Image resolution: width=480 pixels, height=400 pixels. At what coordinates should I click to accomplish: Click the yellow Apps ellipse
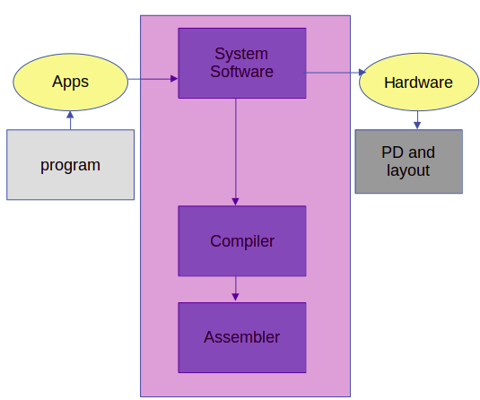click(x=70, y=82)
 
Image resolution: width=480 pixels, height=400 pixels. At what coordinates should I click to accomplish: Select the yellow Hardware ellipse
click(x=418, y=83)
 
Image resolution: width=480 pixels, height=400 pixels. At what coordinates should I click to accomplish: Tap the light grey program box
click(x=70, y=165)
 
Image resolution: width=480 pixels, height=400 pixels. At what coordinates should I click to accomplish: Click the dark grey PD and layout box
click(x=408, y=162)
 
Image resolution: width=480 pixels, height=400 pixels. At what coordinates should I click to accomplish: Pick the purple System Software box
click(x=242, y=63)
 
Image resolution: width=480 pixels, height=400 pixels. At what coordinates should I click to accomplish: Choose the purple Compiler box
click(x=242, y=241)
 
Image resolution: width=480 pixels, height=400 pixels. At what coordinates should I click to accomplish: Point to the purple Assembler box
click(x=242, y=337)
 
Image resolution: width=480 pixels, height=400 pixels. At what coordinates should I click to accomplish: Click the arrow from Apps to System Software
click(x=153, y=80)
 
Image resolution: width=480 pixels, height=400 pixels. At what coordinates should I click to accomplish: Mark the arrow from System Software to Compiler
click(x=236, y=152)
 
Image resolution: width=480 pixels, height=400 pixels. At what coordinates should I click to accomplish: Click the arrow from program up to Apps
click(x=70, y=120)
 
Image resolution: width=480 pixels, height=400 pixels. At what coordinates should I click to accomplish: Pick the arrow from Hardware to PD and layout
click(x=417, y=120)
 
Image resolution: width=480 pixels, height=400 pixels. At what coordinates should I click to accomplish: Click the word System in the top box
click(x=241, y=54)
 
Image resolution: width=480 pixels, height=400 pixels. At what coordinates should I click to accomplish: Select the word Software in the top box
click(x=241, y=72)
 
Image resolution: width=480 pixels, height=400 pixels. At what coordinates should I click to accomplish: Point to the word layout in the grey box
click(x=408, y=170)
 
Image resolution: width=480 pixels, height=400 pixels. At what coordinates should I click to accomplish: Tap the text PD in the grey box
click(x=390, y=152)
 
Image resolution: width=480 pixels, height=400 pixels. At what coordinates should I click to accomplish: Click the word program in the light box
click(x=70, y=166)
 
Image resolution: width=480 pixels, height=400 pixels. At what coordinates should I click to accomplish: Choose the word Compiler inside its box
click(x=242, y=241)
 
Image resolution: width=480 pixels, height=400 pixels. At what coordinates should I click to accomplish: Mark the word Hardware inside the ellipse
click(x=418, y=83)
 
